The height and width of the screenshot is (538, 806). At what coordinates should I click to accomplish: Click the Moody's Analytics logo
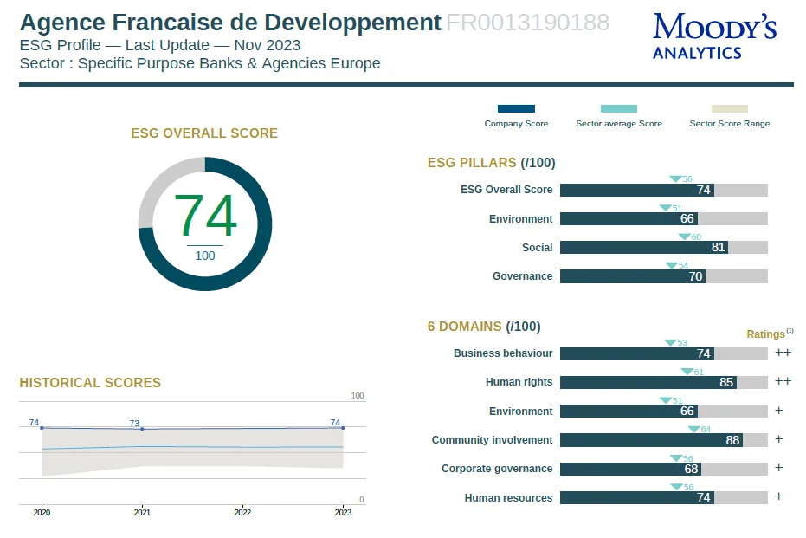[x=714, y=36]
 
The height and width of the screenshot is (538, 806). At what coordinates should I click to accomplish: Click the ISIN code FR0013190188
[x=527, y=23]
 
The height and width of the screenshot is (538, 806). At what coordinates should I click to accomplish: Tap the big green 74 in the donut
[x=205, y=217]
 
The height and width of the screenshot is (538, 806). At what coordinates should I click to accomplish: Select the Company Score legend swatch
[x=516, y=109]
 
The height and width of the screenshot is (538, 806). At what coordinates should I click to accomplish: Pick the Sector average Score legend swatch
[x=618, y=109]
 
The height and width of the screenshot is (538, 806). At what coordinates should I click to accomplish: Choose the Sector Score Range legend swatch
[x=729, y=109]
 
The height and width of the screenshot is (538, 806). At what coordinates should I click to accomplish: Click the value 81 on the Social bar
[x=718, y=248]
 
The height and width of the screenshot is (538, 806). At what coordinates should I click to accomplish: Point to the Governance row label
[x=522, y=276]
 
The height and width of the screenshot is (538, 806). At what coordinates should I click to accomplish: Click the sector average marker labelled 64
[x=693, y=429]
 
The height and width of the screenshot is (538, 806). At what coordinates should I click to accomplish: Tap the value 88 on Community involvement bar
[x=732, y=440]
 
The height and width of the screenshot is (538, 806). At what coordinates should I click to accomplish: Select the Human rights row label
[x=519, y=382]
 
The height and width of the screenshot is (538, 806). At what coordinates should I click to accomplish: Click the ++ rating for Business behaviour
[x=783, y=353]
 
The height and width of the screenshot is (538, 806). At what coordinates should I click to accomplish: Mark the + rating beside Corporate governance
[x=778, y=468]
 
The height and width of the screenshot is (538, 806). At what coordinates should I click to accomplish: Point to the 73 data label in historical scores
[x=134, y=424]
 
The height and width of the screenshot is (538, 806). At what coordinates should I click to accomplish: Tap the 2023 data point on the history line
[x=343, y=428]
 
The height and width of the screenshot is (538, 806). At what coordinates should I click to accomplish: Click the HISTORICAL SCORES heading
[x=90, y=383]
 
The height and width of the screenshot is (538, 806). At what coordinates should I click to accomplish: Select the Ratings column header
[x=766, y=334]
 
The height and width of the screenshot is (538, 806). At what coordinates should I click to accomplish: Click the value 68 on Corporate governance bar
[x=691, y=469]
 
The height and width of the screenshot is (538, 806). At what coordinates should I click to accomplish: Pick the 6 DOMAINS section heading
[x=483, y=327]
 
